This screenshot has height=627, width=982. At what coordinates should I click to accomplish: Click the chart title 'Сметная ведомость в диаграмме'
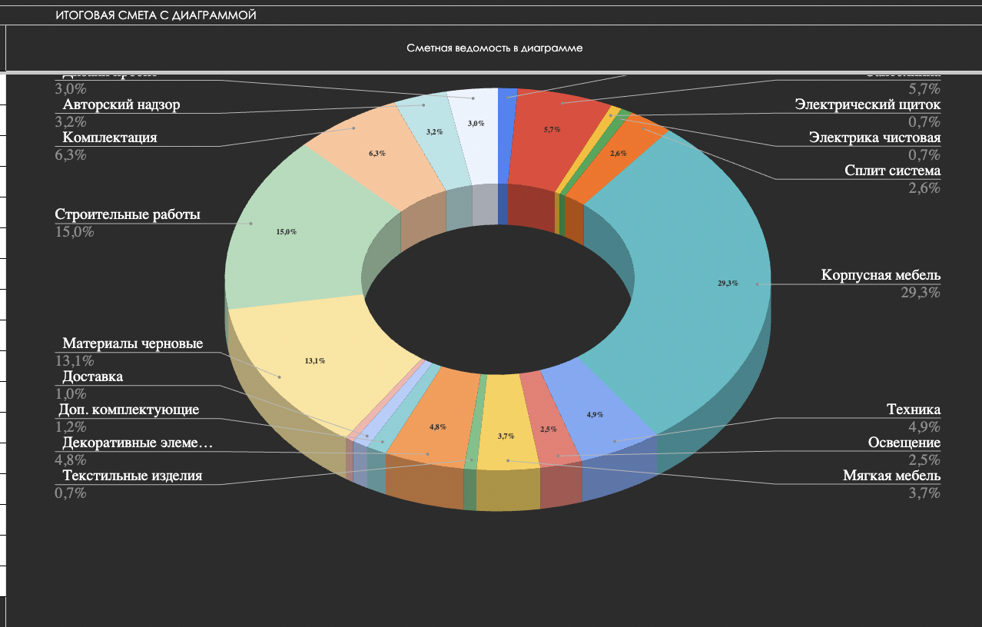coord(494,48)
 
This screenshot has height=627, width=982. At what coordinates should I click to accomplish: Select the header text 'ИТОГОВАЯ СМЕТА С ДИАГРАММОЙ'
coord(155,15)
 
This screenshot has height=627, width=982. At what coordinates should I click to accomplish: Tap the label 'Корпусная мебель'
coord(881,275)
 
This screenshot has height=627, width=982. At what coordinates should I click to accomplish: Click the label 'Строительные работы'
coord(128,214)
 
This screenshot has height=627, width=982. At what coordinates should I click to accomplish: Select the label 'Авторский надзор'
coord(121,104)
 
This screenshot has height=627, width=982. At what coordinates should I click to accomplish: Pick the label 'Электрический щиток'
coord(868,104)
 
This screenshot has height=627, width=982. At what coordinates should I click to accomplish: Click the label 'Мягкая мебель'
coord(891,476)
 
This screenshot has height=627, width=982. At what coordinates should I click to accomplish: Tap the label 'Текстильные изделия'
coord(132,476)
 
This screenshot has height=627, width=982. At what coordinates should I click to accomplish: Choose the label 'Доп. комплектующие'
coord(129,410)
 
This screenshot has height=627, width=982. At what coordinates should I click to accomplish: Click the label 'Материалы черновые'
coord(133,343)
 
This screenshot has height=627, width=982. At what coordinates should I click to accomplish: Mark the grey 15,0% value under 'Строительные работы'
coord(75,231)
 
